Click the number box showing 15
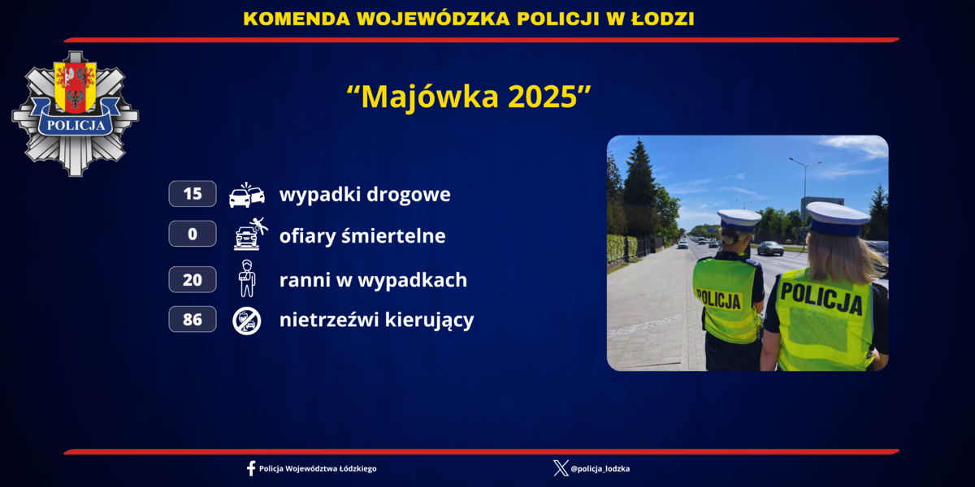(x=193, y=193)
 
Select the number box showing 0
(x=193, y=234)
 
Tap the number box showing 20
(x=193, y=279)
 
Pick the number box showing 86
(x=193, y=319)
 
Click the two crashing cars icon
(x=247, y=195)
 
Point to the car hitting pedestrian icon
(x=251, y=234)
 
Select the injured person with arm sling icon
(x=247, y=278)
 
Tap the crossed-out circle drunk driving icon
(x=247, y=321)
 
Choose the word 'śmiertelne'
(x=393, y=236)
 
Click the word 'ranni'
(x=305, y=279)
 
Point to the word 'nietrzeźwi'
(x=328, y=320)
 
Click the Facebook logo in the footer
(x=251, y=469)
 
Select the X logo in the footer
(x=561, y=468)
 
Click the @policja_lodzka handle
(x=600, y=469)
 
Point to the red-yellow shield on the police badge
(x=75, y=87)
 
